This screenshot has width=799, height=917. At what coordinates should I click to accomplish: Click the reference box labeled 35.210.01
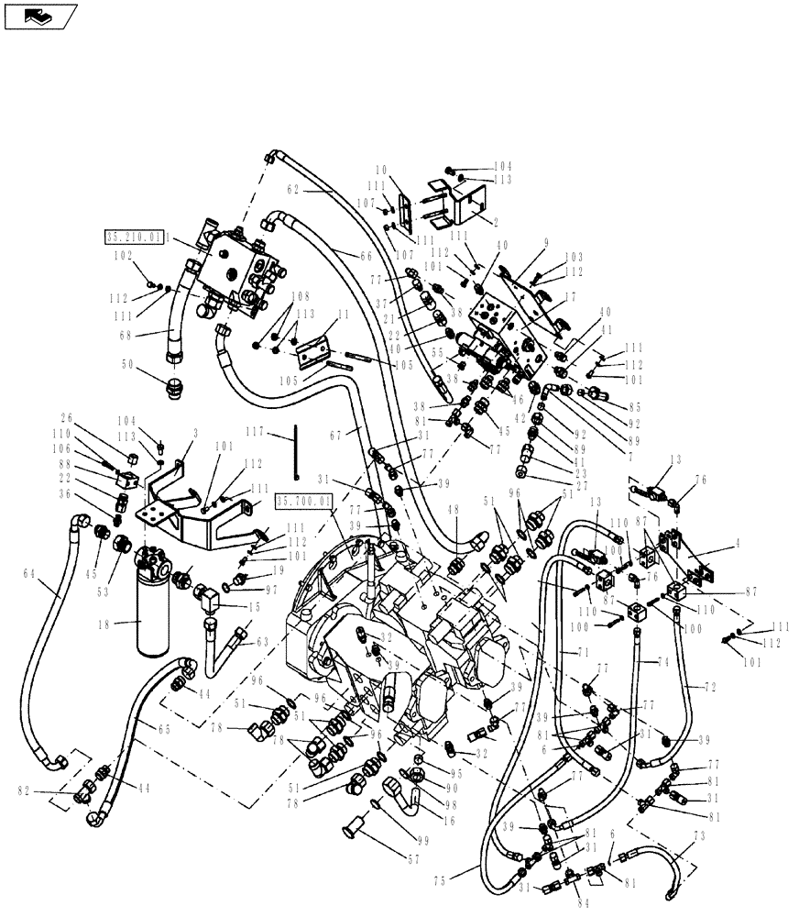[134, 237]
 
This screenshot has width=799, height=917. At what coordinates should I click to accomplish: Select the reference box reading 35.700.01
[303, 502]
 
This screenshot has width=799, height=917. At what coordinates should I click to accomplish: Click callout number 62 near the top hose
[293, 190]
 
